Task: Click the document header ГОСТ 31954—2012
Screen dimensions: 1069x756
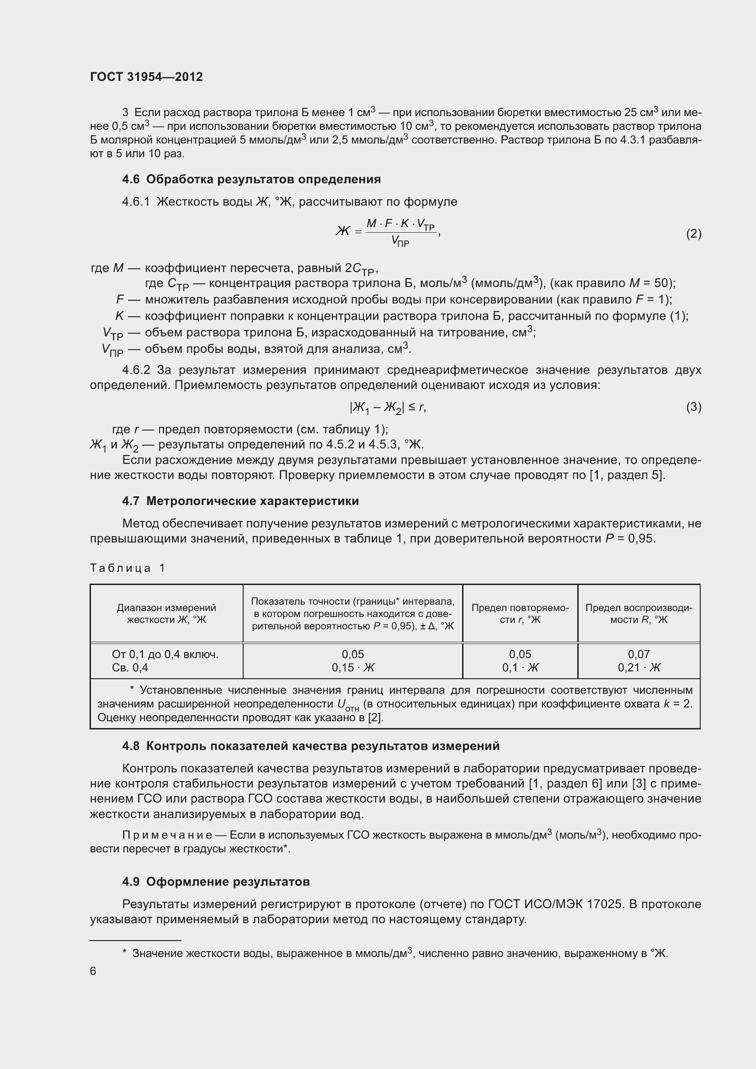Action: (x=146, y=77)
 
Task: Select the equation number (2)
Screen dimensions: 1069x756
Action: (x=693, y=233)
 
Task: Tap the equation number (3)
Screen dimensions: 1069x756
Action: (x=693, y=407)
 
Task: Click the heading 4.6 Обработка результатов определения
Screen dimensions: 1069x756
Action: (x=251, y=179)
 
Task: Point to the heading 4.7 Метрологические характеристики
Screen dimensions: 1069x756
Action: (x=240, y=501)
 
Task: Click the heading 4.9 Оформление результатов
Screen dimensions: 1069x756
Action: (x=216, y=881)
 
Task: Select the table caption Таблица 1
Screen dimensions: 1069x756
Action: (x=128, y=568)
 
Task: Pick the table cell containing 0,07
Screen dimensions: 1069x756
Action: (x=638, y=654)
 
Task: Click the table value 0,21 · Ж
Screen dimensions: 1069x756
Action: (x=639, y=668)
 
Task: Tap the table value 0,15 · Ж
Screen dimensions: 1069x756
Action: (x=352, y=668)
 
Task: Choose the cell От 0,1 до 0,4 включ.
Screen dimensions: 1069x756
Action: (x=165, y=654)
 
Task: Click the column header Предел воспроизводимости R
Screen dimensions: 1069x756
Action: (x=639, y=614)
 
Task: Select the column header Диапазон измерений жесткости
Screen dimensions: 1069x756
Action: (x=166, y=614)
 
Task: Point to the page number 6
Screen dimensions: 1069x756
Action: (x=93, y=971)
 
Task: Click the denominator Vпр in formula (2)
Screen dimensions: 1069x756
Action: (x=400, y=241)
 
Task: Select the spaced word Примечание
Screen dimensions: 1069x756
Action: (x=167, y=835)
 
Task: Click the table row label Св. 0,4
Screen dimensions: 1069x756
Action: (x=130, y=668)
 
